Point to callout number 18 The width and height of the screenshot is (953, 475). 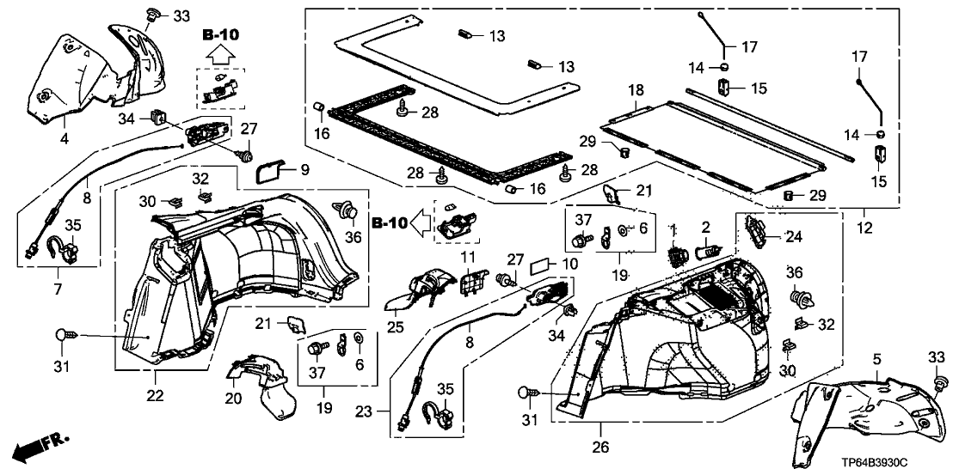click(x=636, y=91)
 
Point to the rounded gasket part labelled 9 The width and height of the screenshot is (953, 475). click(x=268, y=171)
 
